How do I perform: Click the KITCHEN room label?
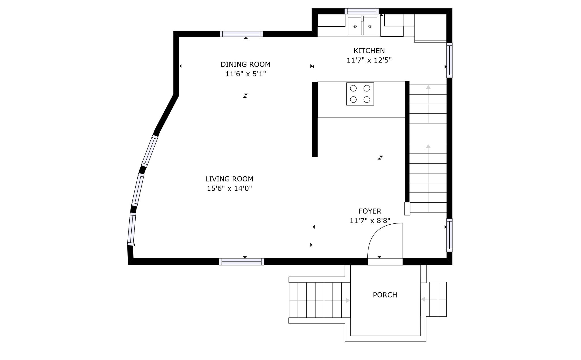(x=369, y=51)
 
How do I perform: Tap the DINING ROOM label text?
(x=245, y=64)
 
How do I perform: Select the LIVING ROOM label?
(x=229, y=179)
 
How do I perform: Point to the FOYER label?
(x=370, y=211)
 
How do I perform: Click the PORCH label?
(x=385, y=295)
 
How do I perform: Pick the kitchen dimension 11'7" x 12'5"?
(x=369, y=60)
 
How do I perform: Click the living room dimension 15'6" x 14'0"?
(x=229, y=189)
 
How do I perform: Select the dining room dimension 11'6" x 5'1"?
(x=245, y=74)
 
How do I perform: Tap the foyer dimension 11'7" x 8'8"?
(x=370, y=221)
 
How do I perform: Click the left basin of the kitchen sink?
(x=355, y=26)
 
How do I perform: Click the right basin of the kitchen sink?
(x=370, y=26)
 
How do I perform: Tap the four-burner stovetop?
(x=360, y=94)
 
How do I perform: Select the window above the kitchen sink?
(x=362, y=11)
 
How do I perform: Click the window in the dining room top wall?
(x=241, y=34)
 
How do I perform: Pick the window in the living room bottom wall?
(x=241, y=261)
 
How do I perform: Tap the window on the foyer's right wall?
(x=449, y=235)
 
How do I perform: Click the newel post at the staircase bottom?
(x=407, y=209)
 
